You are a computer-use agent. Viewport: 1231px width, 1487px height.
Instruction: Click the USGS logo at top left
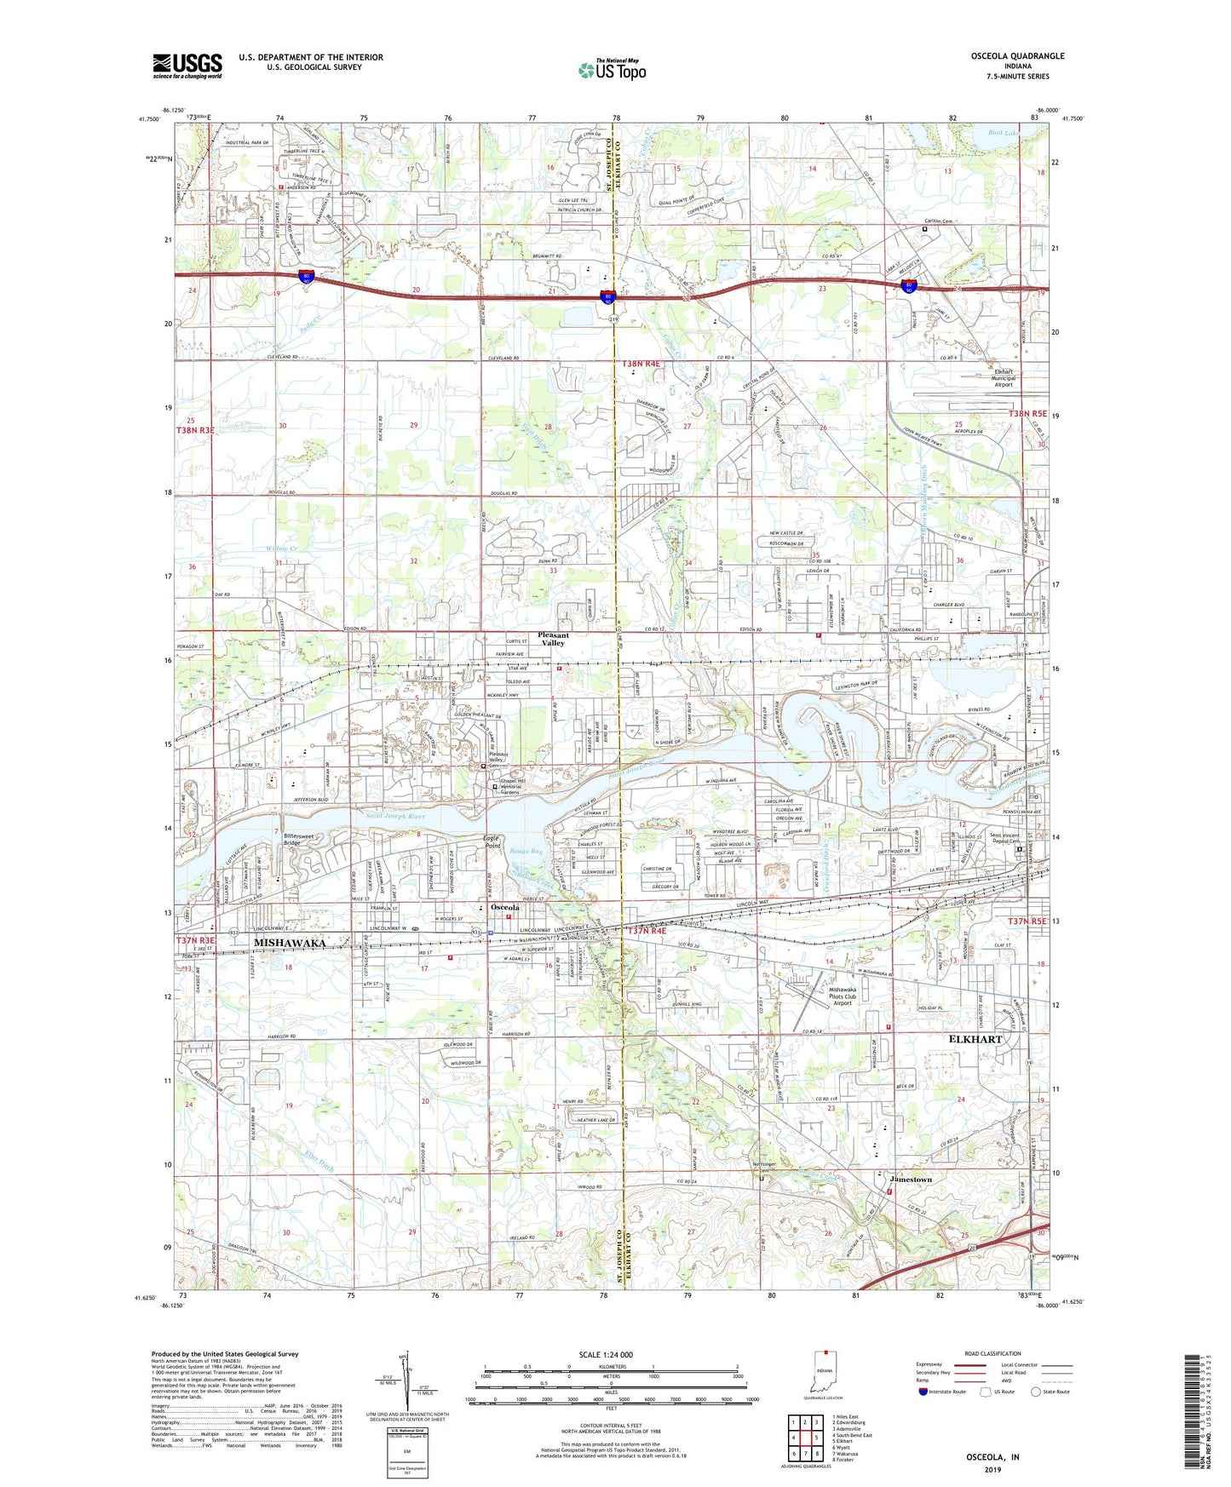point(187,66)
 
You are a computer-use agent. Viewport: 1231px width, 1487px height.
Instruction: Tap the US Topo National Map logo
point(612,70)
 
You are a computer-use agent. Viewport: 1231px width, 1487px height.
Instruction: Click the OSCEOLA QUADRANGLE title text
point(1017,56)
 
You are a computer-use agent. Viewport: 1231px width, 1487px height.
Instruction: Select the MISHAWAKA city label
point(290,943)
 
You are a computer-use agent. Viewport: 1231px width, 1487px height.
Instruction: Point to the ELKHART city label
point(975,1040)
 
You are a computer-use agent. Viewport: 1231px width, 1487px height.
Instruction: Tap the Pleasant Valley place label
point(553,639)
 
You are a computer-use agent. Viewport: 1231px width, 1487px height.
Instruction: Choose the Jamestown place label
point(911,1180)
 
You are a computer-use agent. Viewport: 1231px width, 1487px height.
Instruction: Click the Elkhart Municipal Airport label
point(1004,377)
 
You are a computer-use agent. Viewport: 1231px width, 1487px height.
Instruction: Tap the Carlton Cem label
point(938,221)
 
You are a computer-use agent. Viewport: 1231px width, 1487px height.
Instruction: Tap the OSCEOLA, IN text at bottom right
point(992,1457)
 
